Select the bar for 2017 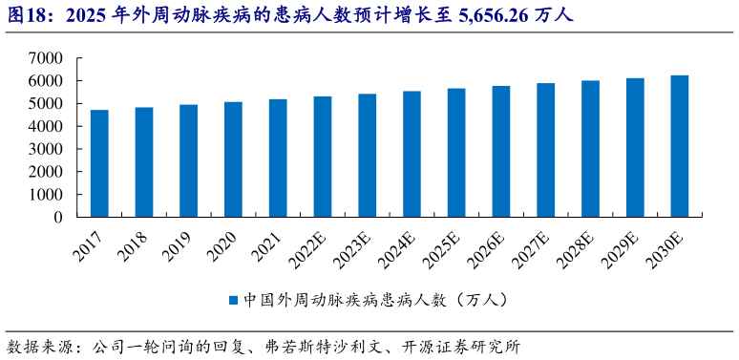point(99,163)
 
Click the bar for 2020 point(233,159)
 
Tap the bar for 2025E point(456,153)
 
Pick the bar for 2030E point(679,146)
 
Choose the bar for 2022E point(323,157)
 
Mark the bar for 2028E point(590,149)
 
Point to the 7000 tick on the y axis point(45,58)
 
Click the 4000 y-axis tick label point(45,126)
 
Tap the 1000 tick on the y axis point(45,195)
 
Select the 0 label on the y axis point(58,218)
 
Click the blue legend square point(232,301)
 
